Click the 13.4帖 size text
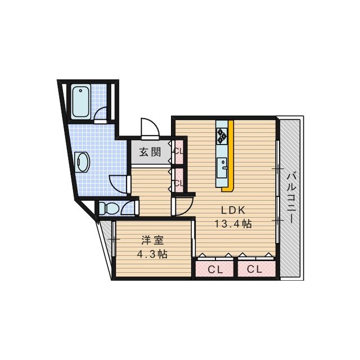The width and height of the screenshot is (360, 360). point(233,223)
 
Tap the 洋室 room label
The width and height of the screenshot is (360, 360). point(152,240)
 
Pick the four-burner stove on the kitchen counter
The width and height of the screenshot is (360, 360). point(222,135)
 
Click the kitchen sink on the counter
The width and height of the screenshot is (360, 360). point(223,166)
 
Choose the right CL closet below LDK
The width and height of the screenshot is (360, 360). point(255,269)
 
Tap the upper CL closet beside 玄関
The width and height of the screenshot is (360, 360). point(178,151)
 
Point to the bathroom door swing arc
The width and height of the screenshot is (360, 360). point(101,114)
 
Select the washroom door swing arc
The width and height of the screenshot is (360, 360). point(118,184)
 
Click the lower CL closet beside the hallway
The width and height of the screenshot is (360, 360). point(178,182)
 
